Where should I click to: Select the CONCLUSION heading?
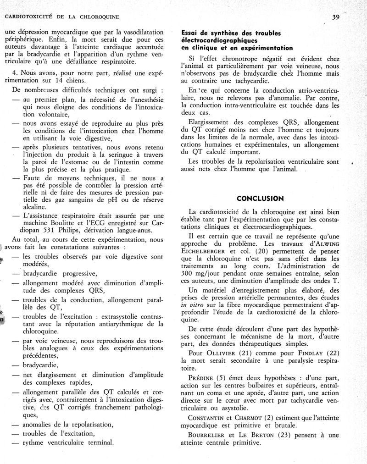coord(260,199)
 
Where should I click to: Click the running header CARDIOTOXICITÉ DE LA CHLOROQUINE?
coord(62,17)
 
